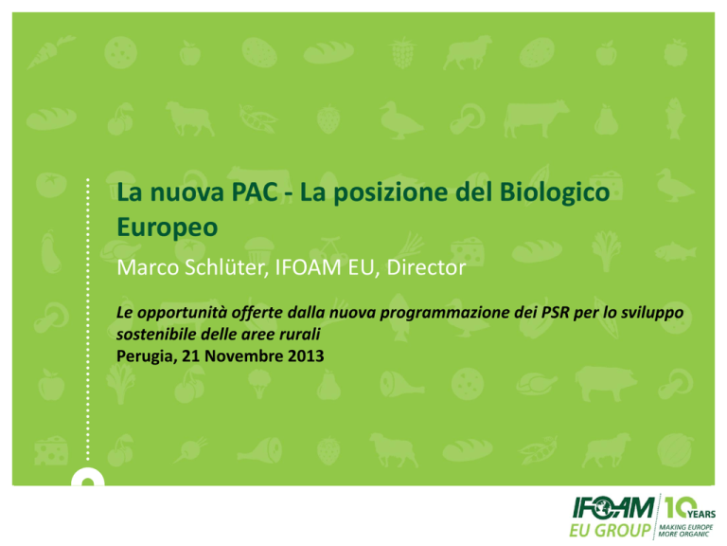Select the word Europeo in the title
(167, 227)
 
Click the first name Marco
(148, 267)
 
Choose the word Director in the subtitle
(426, 267)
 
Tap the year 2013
(306, 356)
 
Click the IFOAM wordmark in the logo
(613, 507)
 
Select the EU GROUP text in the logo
(611, 530)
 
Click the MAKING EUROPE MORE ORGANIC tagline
(685, 531)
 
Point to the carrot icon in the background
(51, 52)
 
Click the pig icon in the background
(606, 383)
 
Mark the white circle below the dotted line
(88, 478)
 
